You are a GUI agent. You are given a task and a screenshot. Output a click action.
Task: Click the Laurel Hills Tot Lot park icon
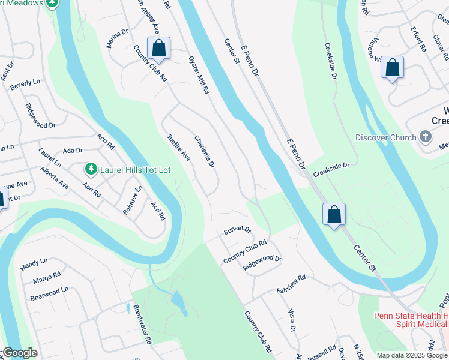[91, 170]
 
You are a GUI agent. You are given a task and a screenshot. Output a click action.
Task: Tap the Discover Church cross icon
[425, 137]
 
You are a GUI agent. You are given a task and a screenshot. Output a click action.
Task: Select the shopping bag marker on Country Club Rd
[158, 49]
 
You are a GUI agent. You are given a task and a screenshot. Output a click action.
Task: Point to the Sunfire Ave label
[178, 147]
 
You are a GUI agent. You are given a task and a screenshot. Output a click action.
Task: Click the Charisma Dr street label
[204, 151]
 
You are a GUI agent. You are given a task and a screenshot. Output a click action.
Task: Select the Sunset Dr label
[237, 230]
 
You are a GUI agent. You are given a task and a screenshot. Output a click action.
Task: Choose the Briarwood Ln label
[49, 292]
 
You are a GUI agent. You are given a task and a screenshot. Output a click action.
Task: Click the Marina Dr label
[118, 40]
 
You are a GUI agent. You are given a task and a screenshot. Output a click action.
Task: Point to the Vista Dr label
[292, 319]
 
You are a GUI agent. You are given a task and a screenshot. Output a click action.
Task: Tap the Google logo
[20, 353]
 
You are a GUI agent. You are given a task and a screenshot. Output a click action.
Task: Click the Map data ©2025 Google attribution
[411, 355]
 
